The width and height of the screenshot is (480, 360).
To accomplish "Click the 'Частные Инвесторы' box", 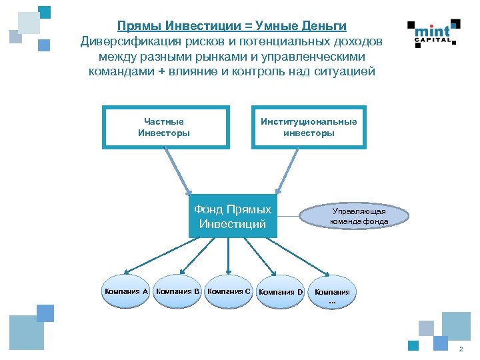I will [164, 127].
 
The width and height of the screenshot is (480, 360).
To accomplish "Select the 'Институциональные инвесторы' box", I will [309, 127].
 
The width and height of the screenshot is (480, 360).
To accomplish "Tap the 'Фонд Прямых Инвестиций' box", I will [233, 216].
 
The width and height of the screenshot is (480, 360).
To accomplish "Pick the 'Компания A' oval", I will [126, 291].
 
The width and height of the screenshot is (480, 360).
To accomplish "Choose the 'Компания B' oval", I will [177, 291].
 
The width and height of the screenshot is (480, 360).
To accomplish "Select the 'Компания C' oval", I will [229, 291].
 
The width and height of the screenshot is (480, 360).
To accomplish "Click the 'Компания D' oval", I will [280, 292].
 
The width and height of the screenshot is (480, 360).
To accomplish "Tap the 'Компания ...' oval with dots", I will [332, 294].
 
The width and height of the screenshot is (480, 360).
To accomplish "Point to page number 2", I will [461, 350].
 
